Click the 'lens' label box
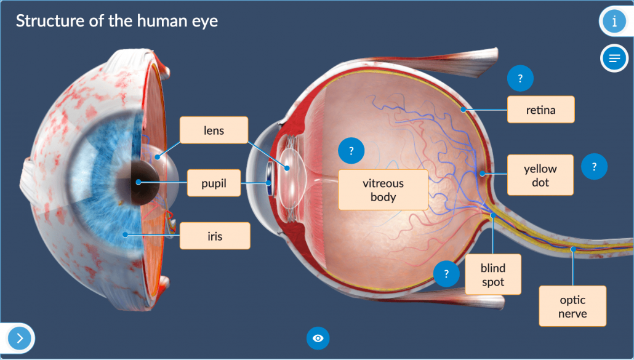(x=214, y=130)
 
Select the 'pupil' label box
(x=214, y=183)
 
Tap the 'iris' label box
(x=215, y=236)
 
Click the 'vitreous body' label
(x=383, y=190)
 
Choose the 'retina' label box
(x=540, y=110)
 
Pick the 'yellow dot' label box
(x=540, y=175)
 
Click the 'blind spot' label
(x=493, y=275)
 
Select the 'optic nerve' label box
(x=572, y=306)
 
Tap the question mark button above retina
(x=520, y=79)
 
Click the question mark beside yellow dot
(x=594, y=166)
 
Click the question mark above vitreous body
(x=351, y=151)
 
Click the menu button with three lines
(x=614, y=58)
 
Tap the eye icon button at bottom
(x=318, y=338)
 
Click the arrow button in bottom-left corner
(x=20, y=338)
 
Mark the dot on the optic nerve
(x=573, y=249)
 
